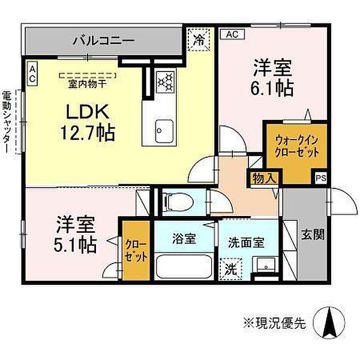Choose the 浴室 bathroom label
tap(185, 239)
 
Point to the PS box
tap(320, 178)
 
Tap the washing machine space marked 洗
tap(230, 269)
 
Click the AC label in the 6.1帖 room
tap(232, 34)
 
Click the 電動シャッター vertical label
tap(7, 122)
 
